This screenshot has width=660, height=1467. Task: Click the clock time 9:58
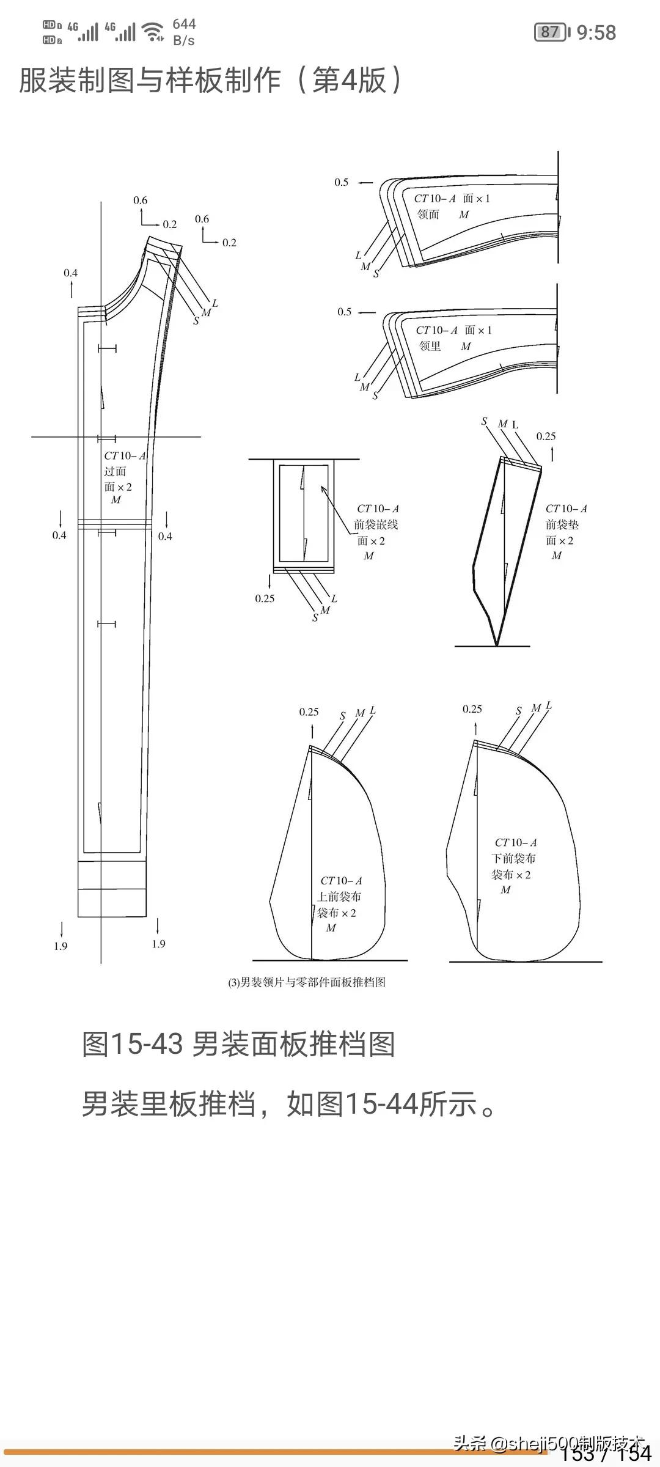[x=596, y=32]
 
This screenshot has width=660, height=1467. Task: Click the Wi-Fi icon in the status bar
[x=152, y=31]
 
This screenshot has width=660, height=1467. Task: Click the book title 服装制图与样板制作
[x=150, y=80]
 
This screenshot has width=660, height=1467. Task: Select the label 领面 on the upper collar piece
[x=428, y=215]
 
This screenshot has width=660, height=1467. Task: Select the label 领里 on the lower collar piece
[x=430, y=347]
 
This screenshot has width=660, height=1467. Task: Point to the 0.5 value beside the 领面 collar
[x=341, y=182]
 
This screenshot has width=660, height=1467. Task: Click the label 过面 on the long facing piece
[x=115, y=471]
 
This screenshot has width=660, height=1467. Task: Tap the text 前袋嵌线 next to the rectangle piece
[x=376, y=524]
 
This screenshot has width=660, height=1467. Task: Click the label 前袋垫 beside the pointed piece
[x=562, y=524]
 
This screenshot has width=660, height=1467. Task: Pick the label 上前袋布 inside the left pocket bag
[x=339, y=897]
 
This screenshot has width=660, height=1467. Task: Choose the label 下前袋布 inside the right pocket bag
[x=514, y=858]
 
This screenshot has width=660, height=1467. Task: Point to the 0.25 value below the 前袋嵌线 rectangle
[x=265, y=598]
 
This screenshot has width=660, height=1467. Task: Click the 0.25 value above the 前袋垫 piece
[x=546, y=436]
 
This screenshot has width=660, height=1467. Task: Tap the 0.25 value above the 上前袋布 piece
[x=309, y=712]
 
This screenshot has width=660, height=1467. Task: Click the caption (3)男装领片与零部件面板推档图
[x=307, y=982]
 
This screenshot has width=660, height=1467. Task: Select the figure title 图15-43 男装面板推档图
[x=238, y=1044]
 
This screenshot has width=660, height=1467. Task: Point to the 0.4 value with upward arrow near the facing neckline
[x=70, y=273]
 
